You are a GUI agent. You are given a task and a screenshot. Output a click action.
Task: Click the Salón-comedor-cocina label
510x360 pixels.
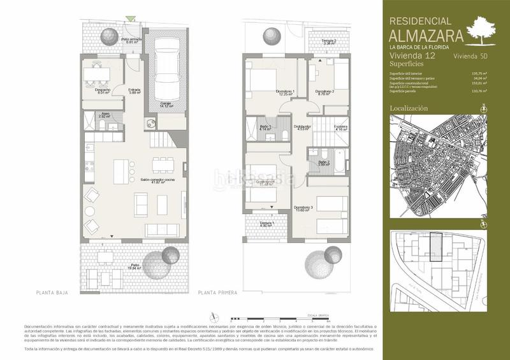click(158, 180)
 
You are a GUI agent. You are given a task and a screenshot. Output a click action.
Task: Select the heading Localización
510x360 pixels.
click(409, 109)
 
